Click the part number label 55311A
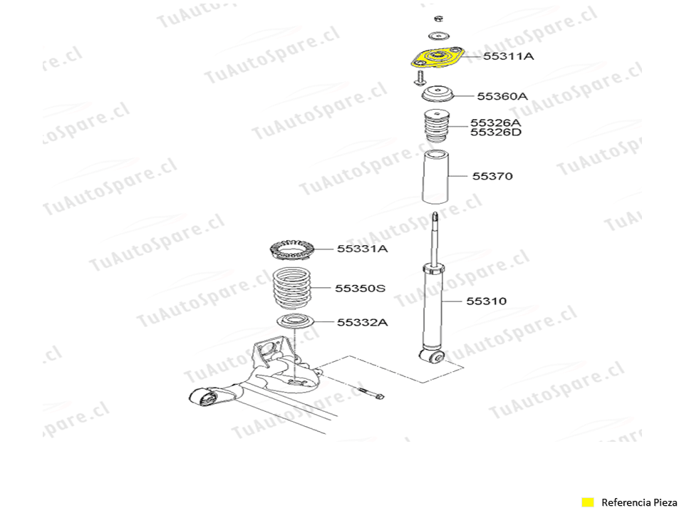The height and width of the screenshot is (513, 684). [x=508, y=56]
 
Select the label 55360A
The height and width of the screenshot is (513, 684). [x=502, y=96]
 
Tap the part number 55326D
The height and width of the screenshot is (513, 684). [x=496, y=133]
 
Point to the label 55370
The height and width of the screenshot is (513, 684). [x=492, y=176]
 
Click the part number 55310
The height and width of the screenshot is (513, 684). [x=487, y=301]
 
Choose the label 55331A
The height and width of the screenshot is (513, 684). [x=362, y=249]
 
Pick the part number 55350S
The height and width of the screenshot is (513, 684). [x=361, y=289]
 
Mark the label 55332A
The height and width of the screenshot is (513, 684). [x=362, y=322]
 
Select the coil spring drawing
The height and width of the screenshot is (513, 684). [x=291, y=289]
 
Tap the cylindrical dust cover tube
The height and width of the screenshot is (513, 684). [x=435, y=176]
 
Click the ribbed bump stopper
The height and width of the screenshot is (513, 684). [x=437, y=125]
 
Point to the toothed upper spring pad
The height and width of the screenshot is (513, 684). [x=292, y=250]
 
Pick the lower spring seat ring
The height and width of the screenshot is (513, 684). [x=295, y=321]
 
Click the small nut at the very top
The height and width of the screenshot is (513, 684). [x=439, y=19]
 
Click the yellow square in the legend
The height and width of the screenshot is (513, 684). [x=588, y=502]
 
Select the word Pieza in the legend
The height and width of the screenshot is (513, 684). [x=665, y=502]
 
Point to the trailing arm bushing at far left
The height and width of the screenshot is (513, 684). [x=203, y=397]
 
